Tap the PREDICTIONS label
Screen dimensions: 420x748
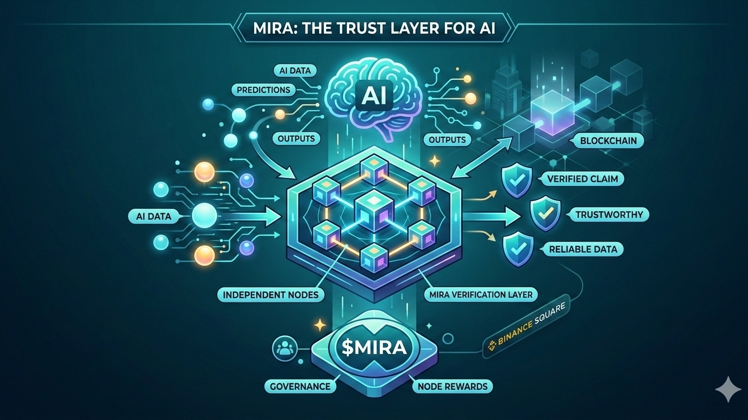tap(264, 89)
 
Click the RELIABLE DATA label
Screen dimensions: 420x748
tap(584, 249)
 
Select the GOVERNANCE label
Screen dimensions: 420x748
tap(300, 386)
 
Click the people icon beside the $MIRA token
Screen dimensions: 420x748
tap(286, 348)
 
